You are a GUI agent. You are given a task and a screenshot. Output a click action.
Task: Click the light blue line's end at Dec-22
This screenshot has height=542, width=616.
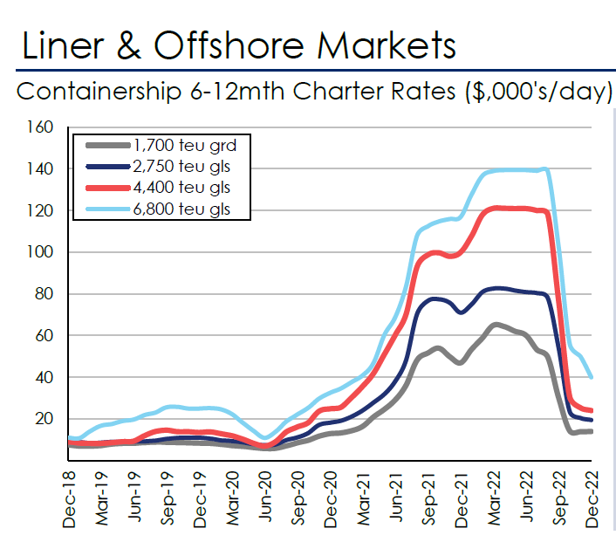tap(593, 377)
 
